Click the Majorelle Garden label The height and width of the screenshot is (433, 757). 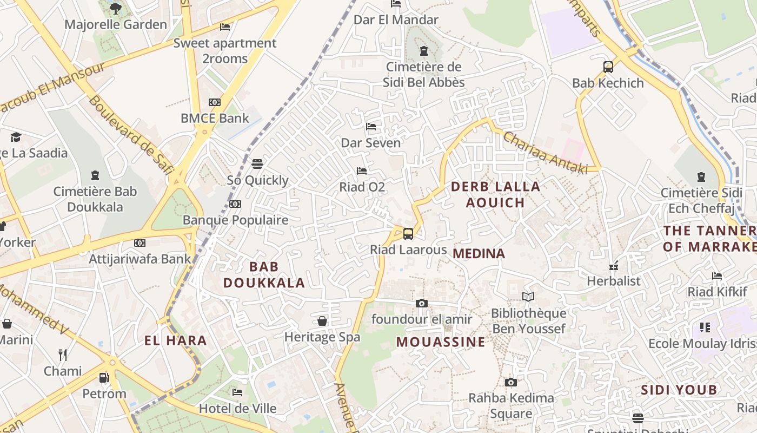[116, 24]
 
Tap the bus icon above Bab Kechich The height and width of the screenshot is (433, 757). [608, 67]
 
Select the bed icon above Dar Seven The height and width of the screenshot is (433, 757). [371, 127]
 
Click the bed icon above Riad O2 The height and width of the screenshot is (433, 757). [362, 171]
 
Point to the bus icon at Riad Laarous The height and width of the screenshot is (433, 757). [408, 234]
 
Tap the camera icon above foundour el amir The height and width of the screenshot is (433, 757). [422, 303]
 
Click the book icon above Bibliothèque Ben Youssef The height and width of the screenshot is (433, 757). [528, 297]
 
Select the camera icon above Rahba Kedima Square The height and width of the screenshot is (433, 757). [511, 383]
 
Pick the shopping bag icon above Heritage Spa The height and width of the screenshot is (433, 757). [322, 321]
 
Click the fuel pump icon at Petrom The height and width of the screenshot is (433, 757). [104, 377]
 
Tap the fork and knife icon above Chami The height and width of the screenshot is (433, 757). [63, 355]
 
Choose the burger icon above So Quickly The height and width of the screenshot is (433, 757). [257, 163]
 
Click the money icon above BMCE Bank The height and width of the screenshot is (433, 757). [215, 102]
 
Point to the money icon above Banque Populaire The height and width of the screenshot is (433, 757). [235, 204]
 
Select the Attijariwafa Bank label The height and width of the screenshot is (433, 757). [140, 259]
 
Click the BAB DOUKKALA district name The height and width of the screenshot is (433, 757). [264, 274]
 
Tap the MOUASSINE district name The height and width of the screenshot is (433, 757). [441, 342]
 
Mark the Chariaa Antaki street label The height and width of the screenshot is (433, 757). [545, 153]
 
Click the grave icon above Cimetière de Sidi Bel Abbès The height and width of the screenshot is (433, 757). [424, 51]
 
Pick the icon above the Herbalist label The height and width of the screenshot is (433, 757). [614, 266]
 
